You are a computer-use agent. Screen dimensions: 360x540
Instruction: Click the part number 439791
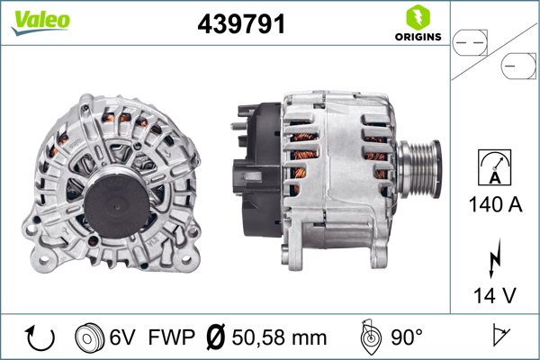tap(241, 24)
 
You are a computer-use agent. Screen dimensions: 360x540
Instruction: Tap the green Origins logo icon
tap(417, 16)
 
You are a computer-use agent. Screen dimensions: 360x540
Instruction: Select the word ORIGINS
tap(417, 37)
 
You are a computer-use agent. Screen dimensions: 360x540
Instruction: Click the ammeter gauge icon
tap(494, 168)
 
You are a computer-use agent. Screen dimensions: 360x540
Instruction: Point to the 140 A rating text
tap(494, 205)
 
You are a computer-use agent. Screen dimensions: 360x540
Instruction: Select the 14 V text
tap(494, 294)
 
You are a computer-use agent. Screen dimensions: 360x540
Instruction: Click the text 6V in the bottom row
tap(124, 338)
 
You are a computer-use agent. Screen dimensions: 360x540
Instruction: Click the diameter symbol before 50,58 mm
tap(216, 338)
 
